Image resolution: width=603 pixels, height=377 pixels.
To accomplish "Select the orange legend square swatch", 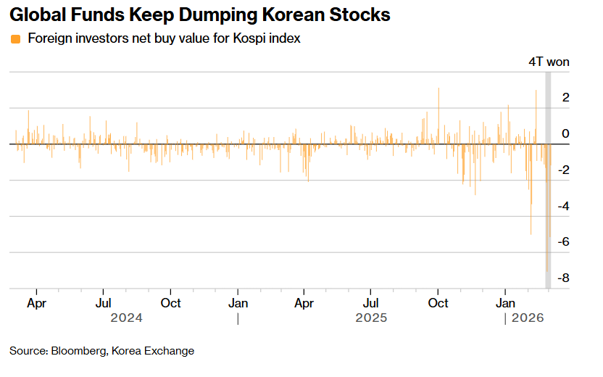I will [x=15, y=38].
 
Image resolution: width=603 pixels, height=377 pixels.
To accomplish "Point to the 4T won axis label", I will [x=549, y=62].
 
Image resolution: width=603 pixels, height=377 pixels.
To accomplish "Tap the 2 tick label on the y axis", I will [x=565, y=97].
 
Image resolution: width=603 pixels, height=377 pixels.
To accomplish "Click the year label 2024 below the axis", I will [x=126, y=318].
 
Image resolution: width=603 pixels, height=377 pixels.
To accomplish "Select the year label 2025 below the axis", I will [x=370, y=318].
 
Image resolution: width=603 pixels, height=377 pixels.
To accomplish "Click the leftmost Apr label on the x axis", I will [x=37, y=302].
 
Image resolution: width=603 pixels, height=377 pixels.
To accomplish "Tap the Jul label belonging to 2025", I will [x=370, y=302].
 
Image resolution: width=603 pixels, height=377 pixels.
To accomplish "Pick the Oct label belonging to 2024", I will [x=171, y=302].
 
